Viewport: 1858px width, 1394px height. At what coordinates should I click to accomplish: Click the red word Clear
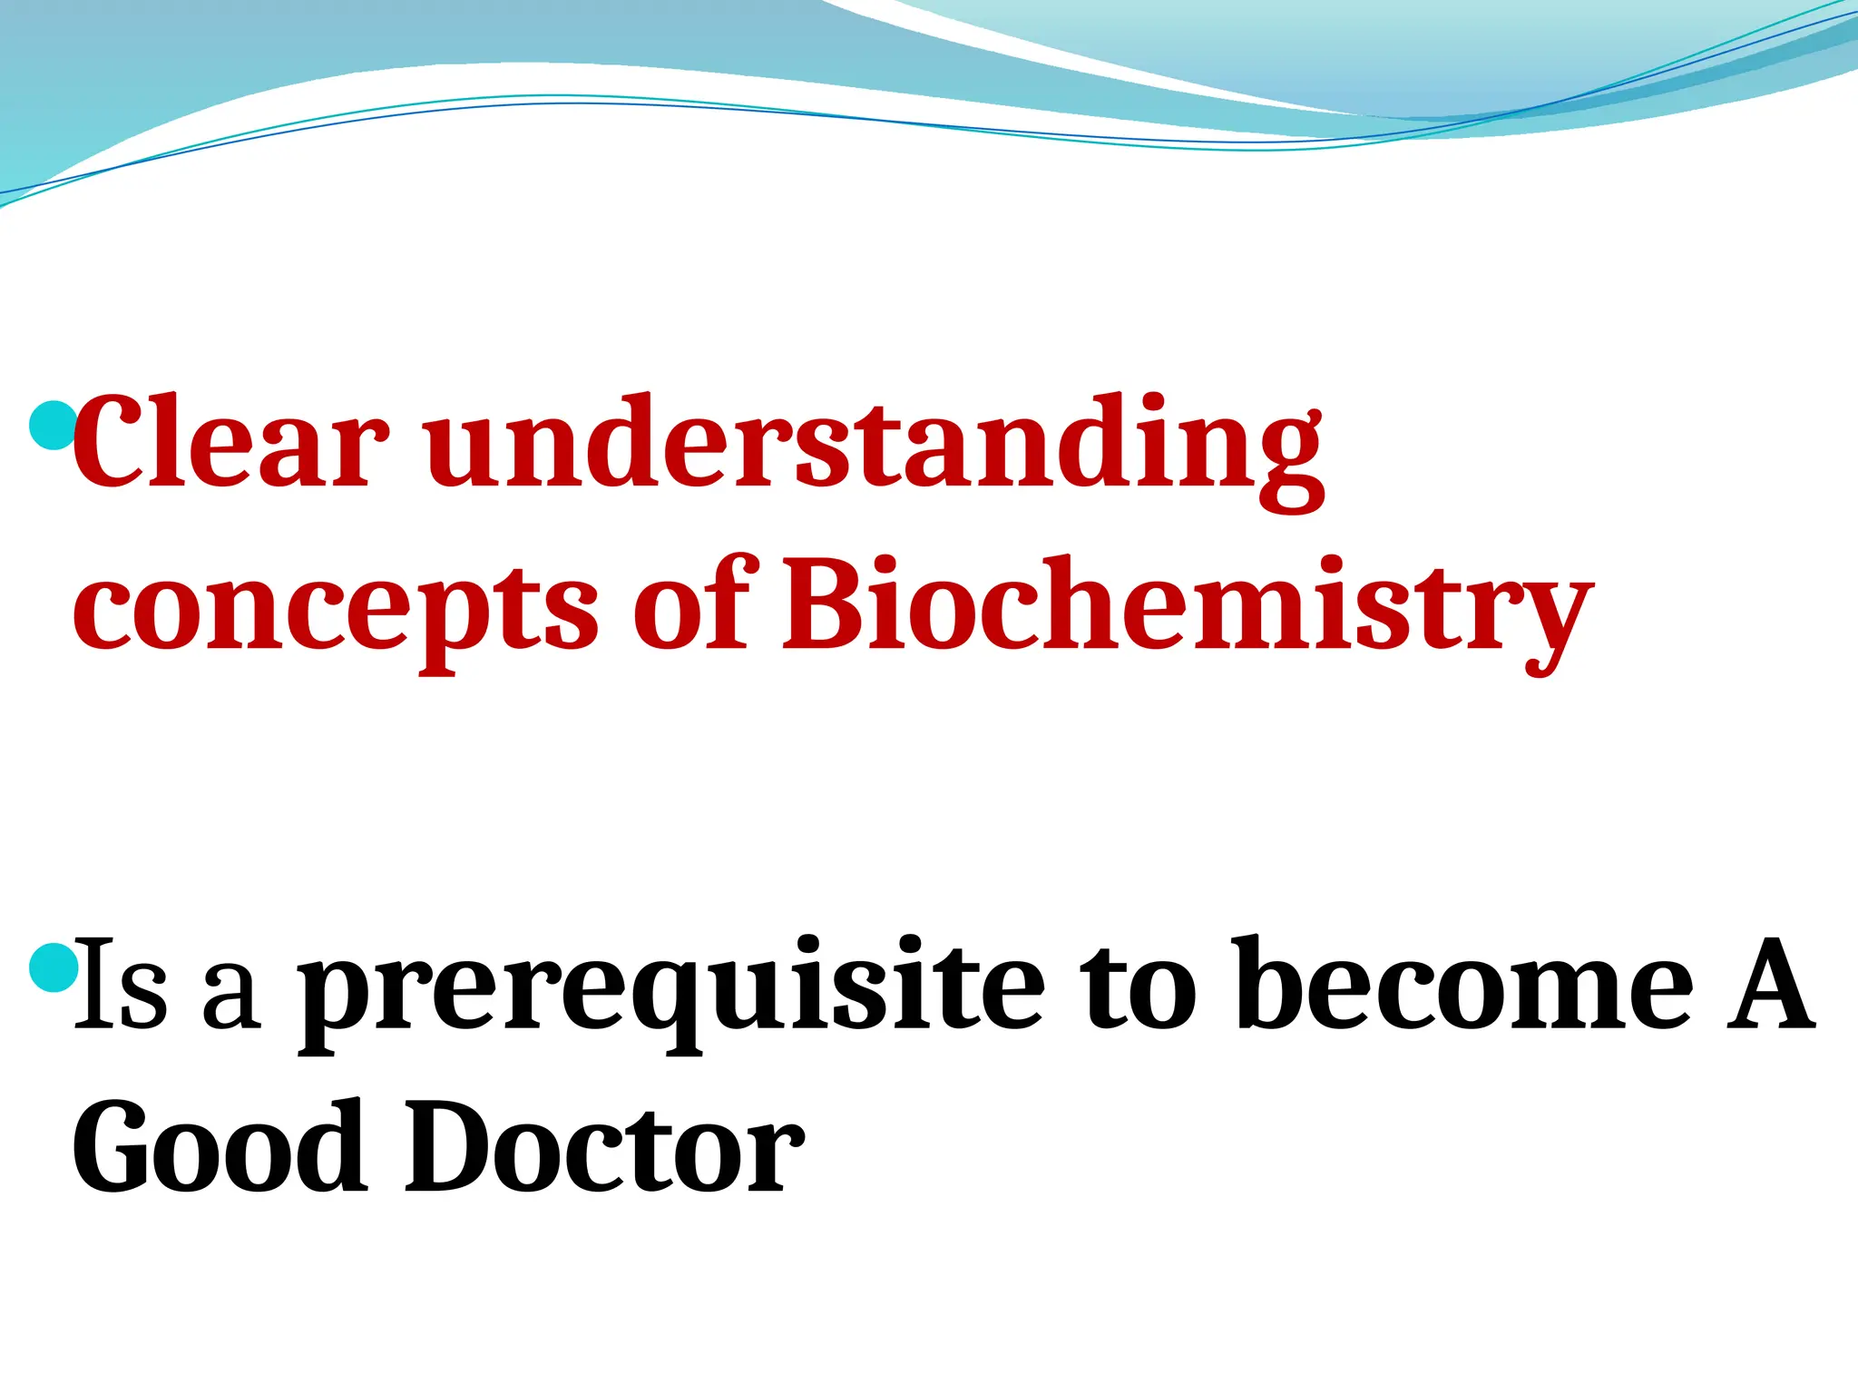point(230,445)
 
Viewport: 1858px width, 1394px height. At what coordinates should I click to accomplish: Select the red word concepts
point(336,606)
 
